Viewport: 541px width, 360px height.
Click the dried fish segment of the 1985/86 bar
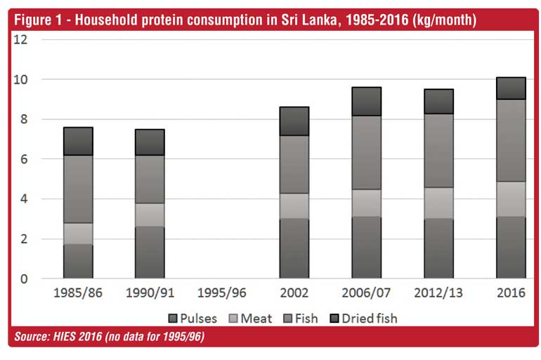(78, 141)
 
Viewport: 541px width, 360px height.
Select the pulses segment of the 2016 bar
(511, 247)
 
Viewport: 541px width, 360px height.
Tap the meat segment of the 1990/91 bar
(150, 214)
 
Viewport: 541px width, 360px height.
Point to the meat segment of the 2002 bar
(294, 205)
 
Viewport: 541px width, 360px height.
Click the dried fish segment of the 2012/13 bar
(439, 101)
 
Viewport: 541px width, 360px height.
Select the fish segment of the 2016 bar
(511, 141)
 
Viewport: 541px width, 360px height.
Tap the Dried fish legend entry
(364, 319)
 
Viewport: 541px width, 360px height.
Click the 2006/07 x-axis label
(367, 293)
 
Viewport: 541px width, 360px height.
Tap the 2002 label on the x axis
(294, 293)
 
